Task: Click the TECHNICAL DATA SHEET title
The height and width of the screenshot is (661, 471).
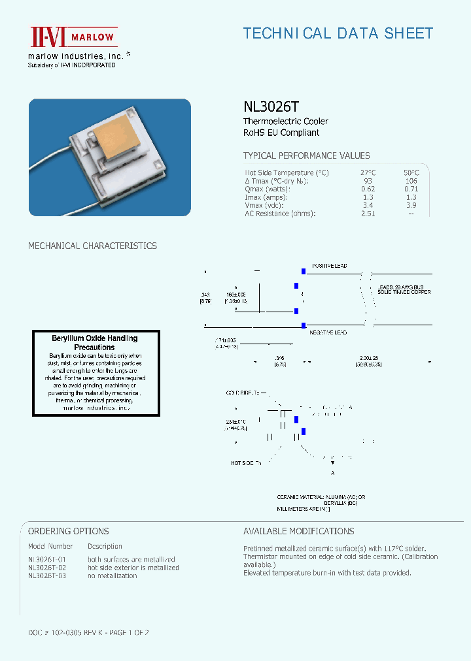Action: click(x=338, y=33)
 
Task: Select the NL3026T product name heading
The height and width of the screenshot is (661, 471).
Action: click(x=271, y=106)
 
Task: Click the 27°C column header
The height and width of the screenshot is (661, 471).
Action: click(x=368, y=172)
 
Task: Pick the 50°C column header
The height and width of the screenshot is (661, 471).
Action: click(x=411, y=172)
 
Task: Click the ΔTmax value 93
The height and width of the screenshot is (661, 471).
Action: click(x=368, y=181)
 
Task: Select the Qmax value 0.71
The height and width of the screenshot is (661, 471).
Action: click(x=411, y=189)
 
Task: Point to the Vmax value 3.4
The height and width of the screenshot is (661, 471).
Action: click(x=368, y=205)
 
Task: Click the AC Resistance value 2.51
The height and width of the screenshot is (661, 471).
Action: click(x=368, y=214)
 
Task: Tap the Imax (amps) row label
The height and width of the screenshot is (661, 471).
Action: click(x=266, y=197)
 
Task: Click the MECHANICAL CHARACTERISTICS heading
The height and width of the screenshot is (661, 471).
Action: click(x=92, y=246)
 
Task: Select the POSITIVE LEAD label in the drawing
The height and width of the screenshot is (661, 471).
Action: click(x=329, y=266)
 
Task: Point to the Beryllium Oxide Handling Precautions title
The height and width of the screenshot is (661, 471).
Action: click(x=95, y=343)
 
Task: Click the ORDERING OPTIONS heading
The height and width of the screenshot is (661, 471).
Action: click(x=69, y=531)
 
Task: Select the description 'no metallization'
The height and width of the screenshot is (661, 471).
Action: click(x=113, y=575)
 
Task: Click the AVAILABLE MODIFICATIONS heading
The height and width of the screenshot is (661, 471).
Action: click(x=298, y=531)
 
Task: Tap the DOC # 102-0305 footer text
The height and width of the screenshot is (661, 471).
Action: click(x=89, y=632)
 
